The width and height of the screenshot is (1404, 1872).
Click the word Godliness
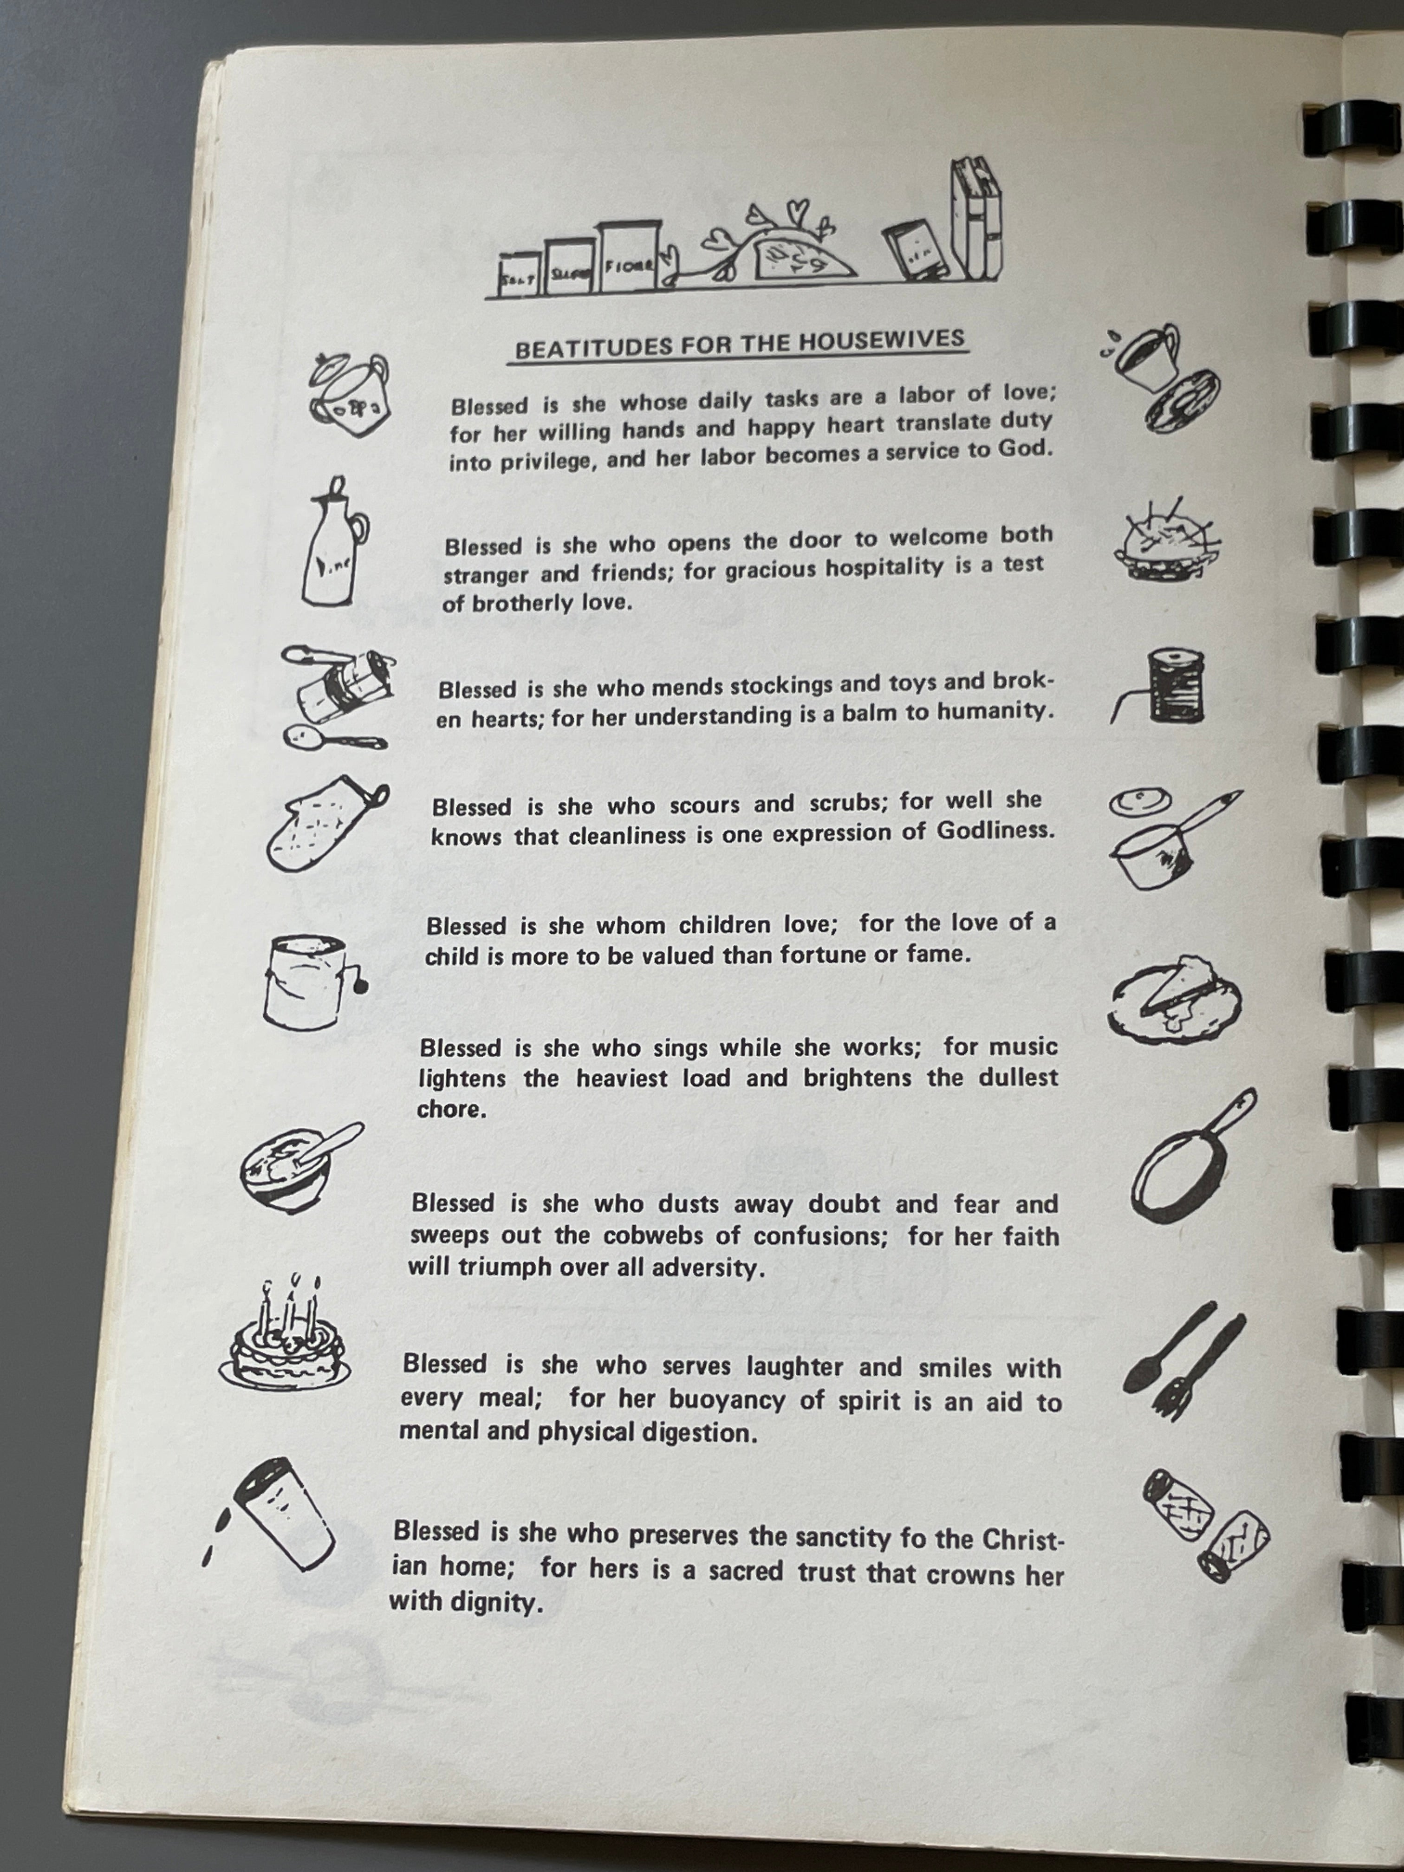995,830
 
